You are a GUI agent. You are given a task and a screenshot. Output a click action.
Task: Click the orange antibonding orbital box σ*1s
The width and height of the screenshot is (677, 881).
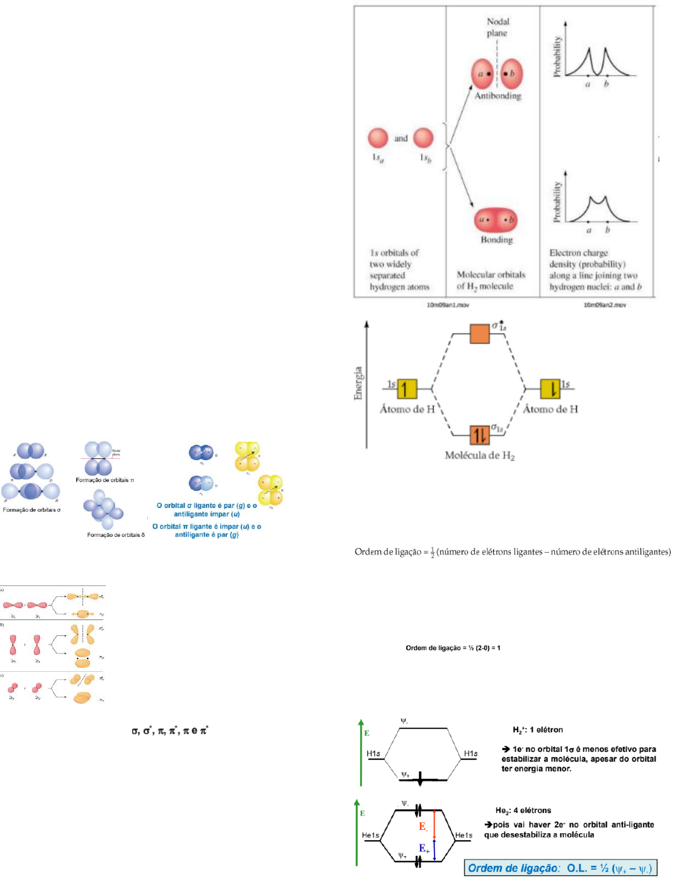pyautogui.click(x=480, y=333)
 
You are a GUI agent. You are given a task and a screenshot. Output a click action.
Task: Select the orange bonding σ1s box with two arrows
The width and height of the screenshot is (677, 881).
pyautogui.click(x=480, y=435)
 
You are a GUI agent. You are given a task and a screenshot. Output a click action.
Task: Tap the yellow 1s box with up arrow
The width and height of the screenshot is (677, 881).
pyautogui.click(x=407, y=389)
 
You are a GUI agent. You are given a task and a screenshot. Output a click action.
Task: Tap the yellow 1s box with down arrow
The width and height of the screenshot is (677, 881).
pyautogui.click(x=550, y=389)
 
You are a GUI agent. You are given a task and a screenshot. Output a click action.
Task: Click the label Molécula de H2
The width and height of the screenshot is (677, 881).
pyautogui.click(x=479, y=456)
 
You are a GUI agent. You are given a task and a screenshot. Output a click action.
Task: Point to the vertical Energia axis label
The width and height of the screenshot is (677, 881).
pyautogui.click(x=358, y=383)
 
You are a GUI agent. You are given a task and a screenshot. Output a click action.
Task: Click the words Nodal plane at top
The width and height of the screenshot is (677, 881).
pyautogui.click(x=497, y=27)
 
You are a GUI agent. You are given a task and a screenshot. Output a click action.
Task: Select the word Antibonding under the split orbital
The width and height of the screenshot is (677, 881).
pyautogui.click(x=498, y=96)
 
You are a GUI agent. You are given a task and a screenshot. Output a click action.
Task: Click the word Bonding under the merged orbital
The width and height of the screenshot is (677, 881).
pyautogui.click(x=496, y=239)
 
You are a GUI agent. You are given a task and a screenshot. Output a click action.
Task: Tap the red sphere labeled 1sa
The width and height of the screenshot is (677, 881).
pyautogui.click(x=378, y=138)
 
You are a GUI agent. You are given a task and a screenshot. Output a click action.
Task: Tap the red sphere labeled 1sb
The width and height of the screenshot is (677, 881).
pyautogui.click(x=423, y=138)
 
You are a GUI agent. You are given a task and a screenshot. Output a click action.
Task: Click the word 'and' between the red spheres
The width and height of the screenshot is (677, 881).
pyautogui.click(x=401, y=139)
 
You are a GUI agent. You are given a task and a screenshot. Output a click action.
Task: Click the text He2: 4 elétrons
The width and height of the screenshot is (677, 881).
pyautogui.click(x=523, y=810)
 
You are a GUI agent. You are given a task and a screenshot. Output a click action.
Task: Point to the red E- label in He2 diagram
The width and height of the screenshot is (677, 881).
pyautogui.click(x=423, y=827)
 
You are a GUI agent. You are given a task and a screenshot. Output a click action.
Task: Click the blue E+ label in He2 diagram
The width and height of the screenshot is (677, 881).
pyautogui.click(x=424, y=848)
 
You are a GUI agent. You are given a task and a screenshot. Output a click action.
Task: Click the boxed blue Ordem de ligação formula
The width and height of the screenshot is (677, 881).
pyautogui.click(x=560, y=868)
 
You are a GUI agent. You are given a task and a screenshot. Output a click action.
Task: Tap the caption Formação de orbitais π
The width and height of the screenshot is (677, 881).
pyautogui.click(x=105, y=480)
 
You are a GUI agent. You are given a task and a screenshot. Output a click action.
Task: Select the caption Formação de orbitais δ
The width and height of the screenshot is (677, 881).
pyautogui.click(x=116, y=535)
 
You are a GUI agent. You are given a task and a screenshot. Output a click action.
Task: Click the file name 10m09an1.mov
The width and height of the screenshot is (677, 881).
pyautogui.click(x=447, y=305)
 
